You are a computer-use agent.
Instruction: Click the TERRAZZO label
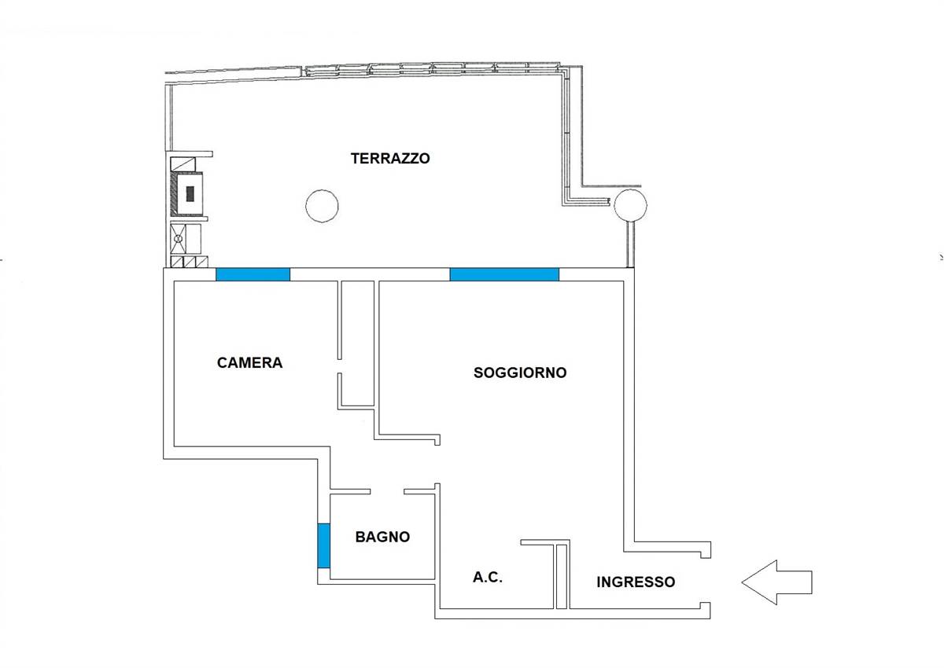click(x=390, y=158)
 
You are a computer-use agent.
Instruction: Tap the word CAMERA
click(x=249, y=362)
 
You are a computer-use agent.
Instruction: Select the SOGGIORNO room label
click(x=520, y=373)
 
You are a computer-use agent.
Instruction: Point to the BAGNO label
click(x=382, y=537)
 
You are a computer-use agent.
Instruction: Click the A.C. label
click(x=488, y=577)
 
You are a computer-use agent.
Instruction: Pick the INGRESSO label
click(x=636, y=582)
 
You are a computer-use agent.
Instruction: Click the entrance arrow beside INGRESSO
click(x=776, y=582)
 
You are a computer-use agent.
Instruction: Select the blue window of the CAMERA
click(x=253, y=274)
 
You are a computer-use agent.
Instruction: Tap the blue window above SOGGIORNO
click(x=504, y=274)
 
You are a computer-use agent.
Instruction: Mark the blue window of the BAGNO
click(x=323, y=545)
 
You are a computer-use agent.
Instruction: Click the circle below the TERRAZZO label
click(x=322, y=206)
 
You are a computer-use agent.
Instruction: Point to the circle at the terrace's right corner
click(x=630, y=205)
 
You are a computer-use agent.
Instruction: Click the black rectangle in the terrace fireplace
click(x=190, y=194)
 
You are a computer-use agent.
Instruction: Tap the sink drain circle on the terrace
click(x=179, y=239)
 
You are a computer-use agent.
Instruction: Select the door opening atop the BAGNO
click(x=387, y=492)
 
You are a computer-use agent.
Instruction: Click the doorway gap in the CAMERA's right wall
click(x=340, y=366)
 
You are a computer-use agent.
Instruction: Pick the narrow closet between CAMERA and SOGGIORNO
click(x=357, y=343)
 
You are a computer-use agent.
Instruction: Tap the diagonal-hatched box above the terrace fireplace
click(x=183, y=163)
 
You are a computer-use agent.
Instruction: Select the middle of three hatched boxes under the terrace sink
click(x=190, y=262)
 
